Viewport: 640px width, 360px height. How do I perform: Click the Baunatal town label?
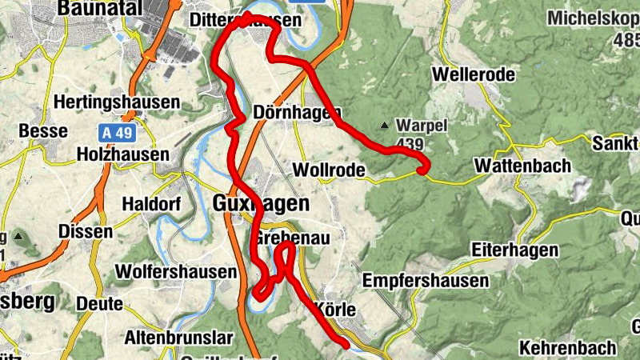pyautogui.click(x=98, y=8)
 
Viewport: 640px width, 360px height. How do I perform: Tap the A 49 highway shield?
pyautogui.click(x=118, y=130)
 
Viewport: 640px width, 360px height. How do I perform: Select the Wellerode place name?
pyautogui.click(x=473, y=74)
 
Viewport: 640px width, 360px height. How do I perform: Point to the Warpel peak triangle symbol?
pyautogui.click(x=386, y=126)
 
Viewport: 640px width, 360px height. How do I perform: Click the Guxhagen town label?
pyautogui.click(x=256, y=203)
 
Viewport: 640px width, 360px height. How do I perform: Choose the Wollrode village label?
pyautogui.click(x=330, y=170)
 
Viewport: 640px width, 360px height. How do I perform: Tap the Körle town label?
pyautogui.click(x=336, y=308)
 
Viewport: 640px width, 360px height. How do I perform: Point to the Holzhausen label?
pyautogui.click(x=122, y=154)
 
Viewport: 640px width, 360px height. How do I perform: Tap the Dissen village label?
pyautogui.click(x=86, y=232)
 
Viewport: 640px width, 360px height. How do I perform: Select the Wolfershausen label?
pyautogui.click(x=176, y=272)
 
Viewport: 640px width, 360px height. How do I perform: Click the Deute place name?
pyautogui.click(x=100, y=303)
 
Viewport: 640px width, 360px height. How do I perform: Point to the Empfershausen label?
pyautogui.click(x=426, y=281)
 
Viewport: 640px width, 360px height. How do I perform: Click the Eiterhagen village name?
pyautogui.click(x=514, y=250)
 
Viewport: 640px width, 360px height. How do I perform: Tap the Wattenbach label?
pyautogui.click(x=522, y=166)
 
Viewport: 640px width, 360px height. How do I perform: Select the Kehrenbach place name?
pyautogui.click(x=568, y=347)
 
